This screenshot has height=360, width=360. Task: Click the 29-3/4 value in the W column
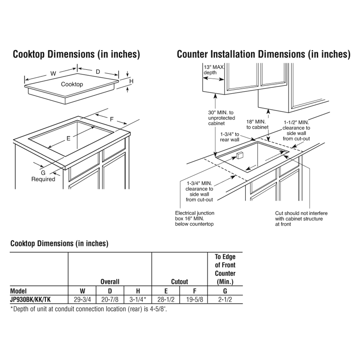click(x=82, y=300)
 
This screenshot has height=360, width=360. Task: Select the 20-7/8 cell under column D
click(x=110, y=300)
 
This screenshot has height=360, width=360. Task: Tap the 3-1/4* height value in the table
click(x=138, y=300)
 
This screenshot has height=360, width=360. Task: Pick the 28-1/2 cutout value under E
click(x=166, y=300)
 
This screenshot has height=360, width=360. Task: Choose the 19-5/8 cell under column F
click(x=194, y=300)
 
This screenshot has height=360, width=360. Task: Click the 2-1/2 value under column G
click(x=225, y=300)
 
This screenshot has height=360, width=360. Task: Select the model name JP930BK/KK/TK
click(x=30, y=300)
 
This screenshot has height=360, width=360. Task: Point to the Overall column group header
click(x=110, y=282)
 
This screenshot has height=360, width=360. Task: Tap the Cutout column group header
click(x=179, y=282)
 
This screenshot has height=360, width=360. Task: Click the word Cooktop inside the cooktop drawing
click(x=72, y=84)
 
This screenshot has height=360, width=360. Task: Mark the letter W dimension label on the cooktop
click(x=53, y=74)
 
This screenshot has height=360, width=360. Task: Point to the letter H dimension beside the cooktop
click(x=131, y=81)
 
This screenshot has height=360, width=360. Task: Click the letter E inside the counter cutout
click(x=68, y=138)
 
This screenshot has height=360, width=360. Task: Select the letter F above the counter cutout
click(x=112, y=119)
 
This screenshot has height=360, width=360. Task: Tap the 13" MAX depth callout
click(x=213, y=70)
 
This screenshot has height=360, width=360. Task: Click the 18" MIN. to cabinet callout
click(x=257, y=124)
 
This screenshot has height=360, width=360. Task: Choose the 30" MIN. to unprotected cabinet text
click(x=221, y=118)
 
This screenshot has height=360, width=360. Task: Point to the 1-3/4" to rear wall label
click(x=230, y=137)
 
